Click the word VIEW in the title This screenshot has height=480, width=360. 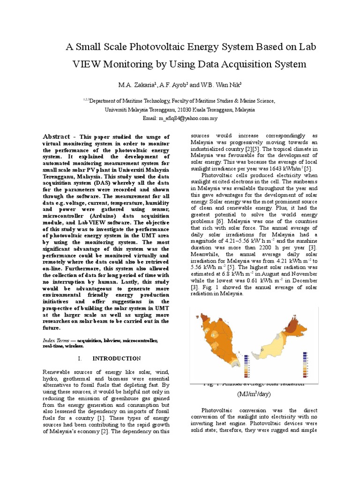89,64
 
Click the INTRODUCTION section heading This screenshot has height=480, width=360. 116,358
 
